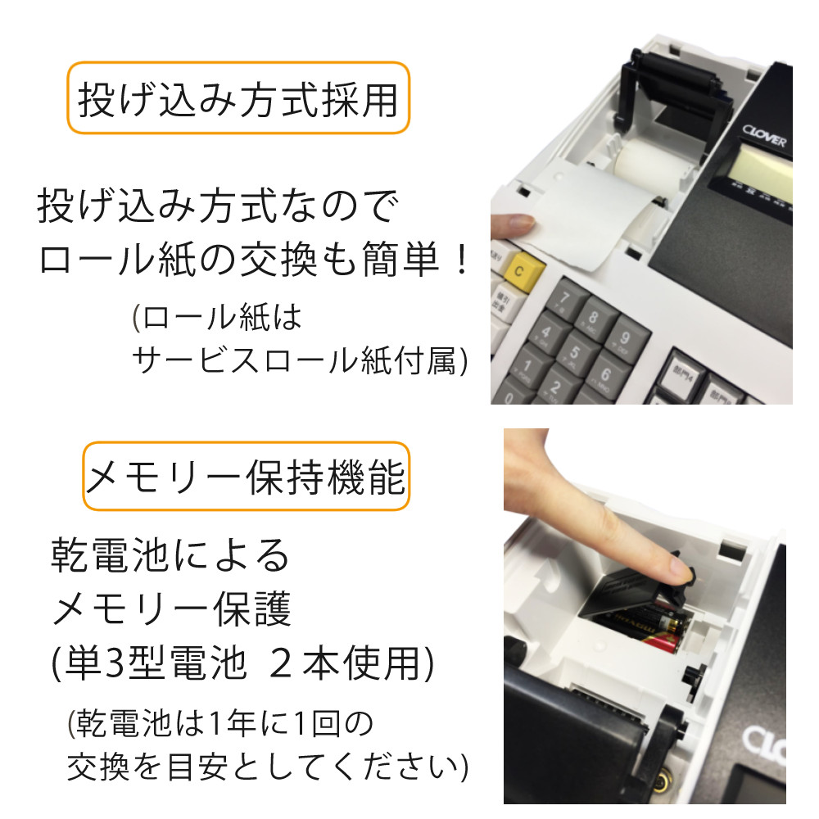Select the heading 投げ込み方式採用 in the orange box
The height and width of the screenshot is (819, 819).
point(238,99)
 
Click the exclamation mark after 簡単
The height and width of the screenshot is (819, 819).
point(462,261)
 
